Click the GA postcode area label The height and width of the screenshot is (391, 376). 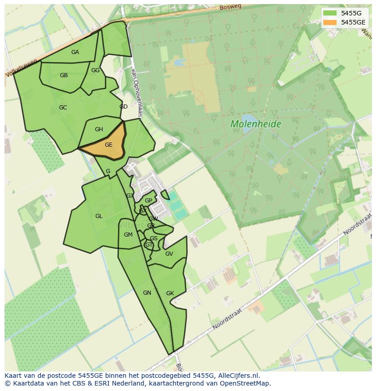(75, 52)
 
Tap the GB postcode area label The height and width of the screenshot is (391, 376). (64, 75)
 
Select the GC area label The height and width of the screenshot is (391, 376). (63, 108)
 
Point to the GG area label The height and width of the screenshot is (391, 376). (95, 70)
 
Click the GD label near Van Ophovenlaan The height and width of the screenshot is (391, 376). (124, 107)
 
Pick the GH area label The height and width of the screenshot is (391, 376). (99, 129)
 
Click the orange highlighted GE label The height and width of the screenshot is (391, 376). (109, 145)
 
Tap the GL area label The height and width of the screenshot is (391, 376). (99, 216)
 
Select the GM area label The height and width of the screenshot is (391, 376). (128, 235)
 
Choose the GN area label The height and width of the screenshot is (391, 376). (147, 293)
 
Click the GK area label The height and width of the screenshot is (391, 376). (170, 293)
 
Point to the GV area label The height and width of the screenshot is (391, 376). (169, 254)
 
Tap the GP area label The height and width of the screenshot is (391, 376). (148, 201)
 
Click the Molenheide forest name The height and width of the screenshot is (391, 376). (256, 124)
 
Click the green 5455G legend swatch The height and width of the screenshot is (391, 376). (330, 13)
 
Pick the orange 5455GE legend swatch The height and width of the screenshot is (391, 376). (330, 22)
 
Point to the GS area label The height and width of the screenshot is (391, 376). (154, 238)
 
